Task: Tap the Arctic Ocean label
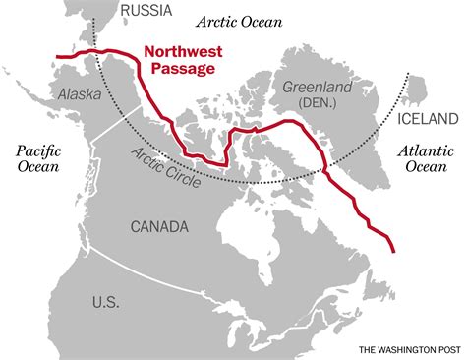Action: tap(239, 20)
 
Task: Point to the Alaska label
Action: tap(79, 93)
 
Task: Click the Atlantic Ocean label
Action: tap(426, 159)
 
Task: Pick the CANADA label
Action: tap(158, 227)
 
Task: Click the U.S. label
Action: tap(106, 300)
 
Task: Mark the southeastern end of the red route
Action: tap(394, 251)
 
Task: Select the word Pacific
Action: tap(36, 150)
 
